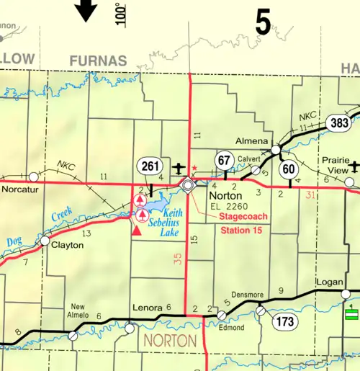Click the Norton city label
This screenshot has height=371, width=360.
click(x=223, y=195)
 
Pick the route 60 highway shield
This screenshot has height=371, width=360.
click(x=290, y=169)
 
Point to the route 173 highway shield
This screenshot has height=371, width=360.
click(x=285, y=321)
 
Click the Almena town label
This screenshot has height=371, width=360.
click(x=250, y=142)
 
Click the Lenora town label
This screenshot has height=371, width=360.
click(x=148, y=308)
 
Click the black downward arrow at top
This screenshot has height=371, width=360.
click(x=87, y=11)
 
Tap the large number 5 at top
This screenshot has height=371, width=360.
click(x=263, y=22)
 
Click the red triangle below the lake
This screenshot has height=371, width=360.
click(x=136, y=231)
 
